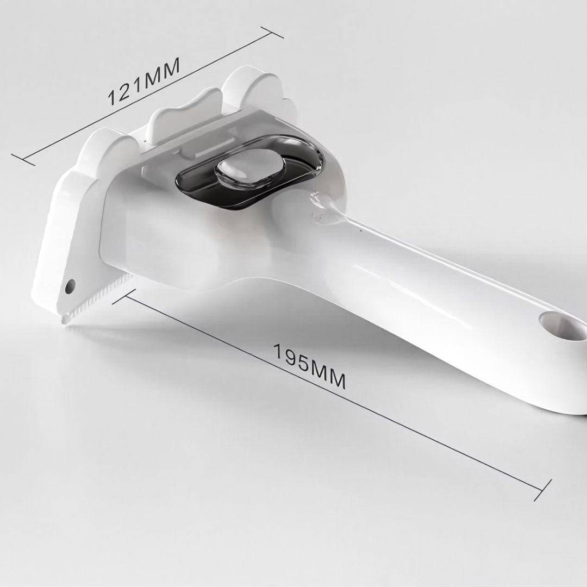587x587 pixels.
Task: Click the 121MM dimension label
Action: (x=144, y=80)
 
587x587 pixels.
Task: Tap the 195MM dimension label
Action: (x=309, y=366)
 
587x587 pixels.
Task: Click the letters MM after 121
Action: (x=162, y=72)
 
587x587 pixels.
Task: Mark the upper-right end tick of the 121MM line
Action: (x=272, y=32)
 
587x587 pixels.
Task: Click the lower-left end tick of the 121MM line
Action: (x=23, y=159)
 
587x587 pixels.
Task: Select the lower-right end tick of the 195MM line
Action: (x=542, y=490)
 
